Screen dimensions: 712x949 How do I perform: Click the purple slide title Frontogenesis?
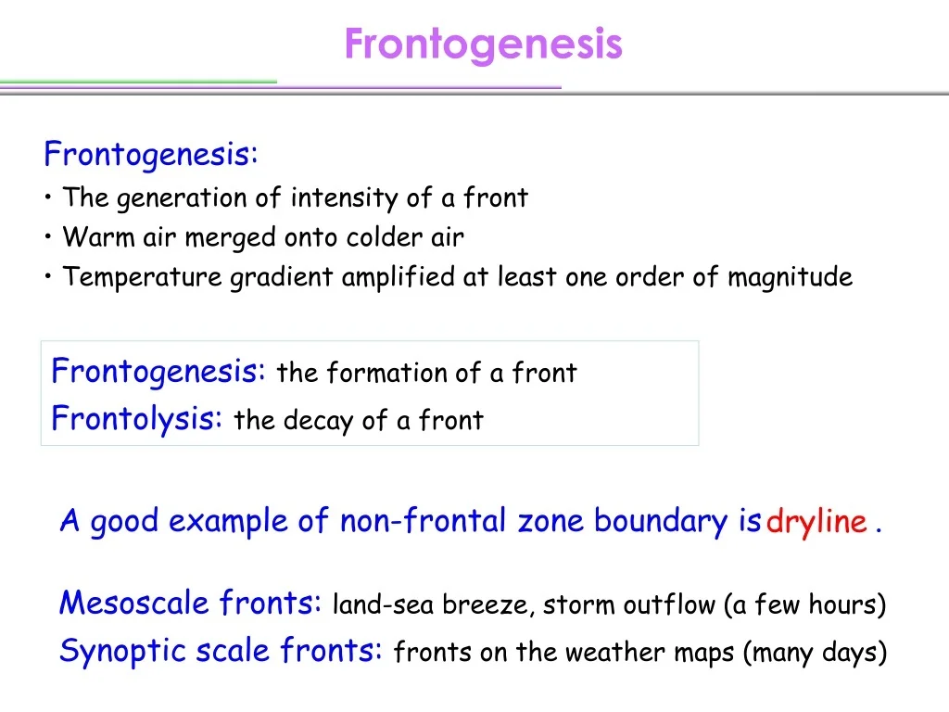pos(483,44)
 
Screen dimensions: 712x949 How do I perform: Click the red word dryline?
pos(816,522)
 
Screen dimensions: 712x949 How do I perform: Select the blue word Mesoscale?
pos(134,604)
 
